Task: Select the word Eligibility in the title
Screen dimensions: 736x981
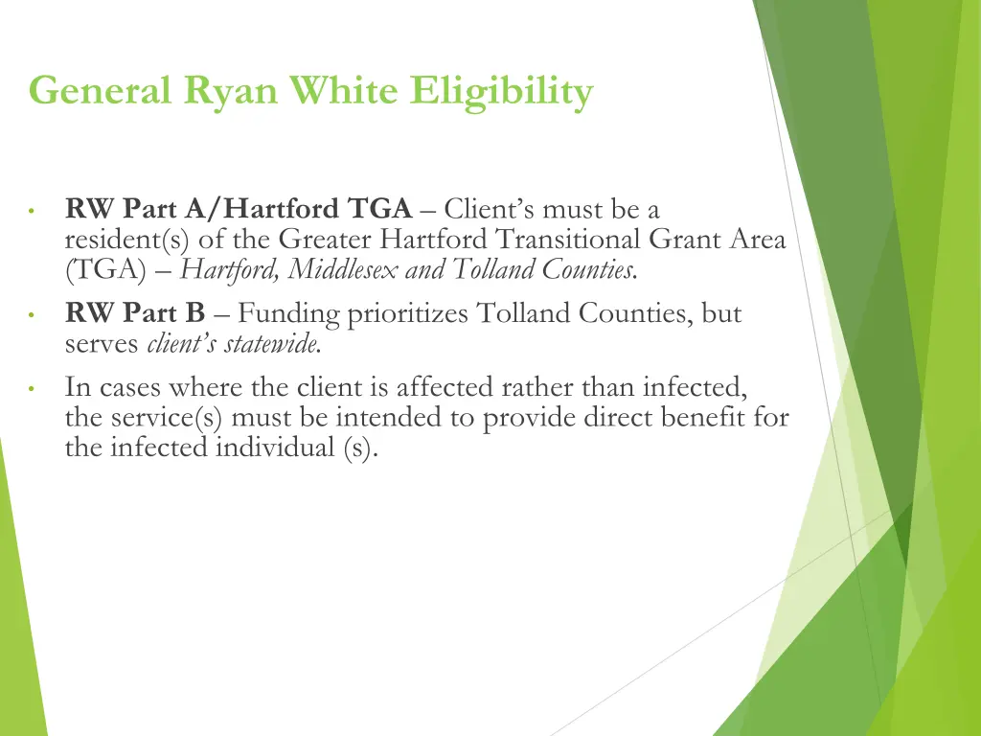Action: tap(502, 93)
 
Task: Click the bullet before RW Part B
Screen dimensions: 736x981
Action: tap(32, 315)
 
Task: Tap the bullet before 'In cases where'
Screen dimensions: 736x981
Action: tap(32, 390)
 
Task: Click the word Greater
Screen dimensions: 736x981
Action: tap(325, 240)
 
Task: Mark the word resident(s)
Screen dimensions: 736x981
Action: tap(127, 240)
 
